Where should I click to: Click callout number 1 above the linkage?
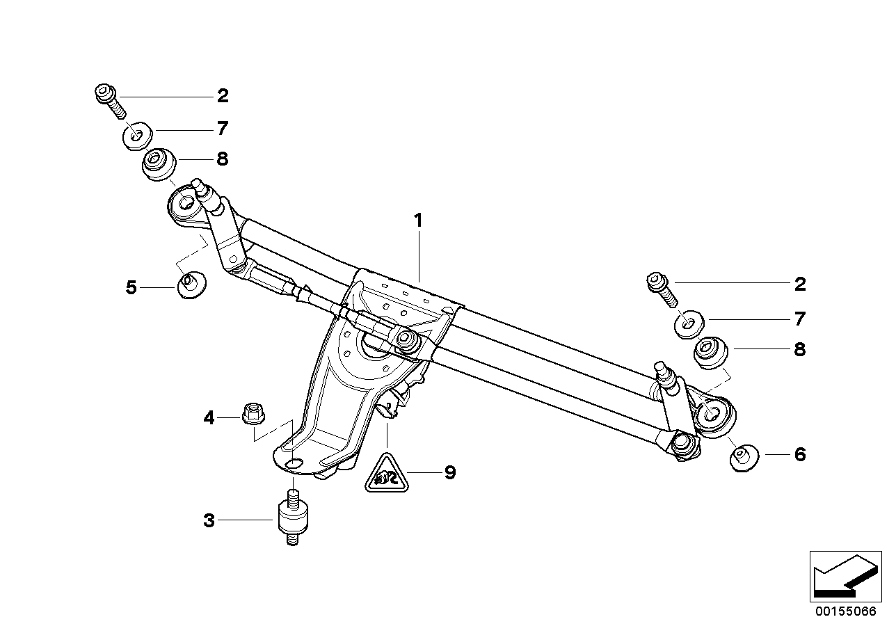tap(418, 221)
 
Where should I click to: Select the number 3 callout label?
tap(208, 520)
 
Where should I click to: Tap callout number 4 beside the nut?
tap(208, 418)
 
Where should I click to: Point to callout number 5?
tap(131, 287)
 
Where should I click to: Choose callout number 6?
tap(799, 455)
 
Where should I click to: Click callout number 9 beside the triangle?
tap(450, 473)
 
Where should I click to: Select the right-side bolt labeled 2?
tap(659, 287)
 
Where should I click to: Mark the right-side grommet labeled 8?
tap(712, 351)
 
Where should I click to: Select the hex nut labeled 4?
tap(250, 414)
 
